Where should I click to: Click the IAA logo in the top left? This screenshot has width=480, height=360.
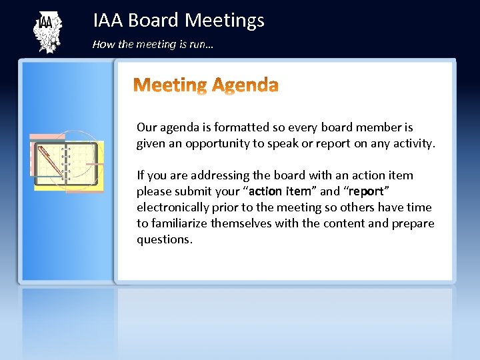click(47, 33)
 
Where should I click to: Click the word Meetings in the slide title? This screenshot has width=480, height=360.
click(224, 21)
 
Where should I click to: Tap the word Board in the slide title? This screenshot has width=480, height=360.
click(153, 21)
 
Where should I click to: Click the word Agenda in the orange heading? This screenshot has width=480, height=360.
click(244, 85)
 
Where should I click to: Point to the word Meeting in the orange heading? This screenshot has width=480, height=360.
click(171, 85)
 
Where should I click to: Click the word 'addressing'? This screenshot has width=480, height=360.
click(219, 175)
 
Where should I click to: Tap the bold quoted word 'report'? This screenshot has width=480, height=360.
click(366, 191)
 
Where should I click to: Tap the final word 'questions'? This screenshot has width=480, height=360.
click(164, 239)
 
